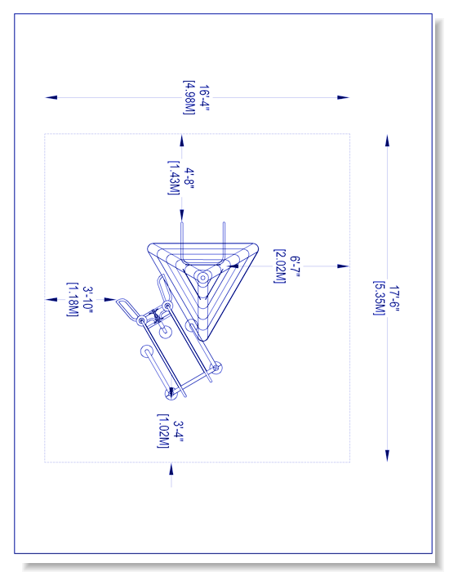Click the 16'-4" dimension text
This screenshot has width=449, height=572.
click(x=204, y=98)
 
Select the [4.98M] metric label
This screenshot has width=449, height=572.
click(x=189, y=98)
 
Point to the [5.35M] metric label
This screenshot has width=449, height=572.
click(x=380, y=298)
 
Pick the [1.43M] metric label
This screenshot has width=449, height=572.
click(x=174, y=178)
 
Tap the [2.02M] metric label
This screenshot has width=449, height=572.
click(x=280, y=266)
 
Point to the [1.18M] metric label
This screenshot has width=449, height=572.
click(x=73, y=300)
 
